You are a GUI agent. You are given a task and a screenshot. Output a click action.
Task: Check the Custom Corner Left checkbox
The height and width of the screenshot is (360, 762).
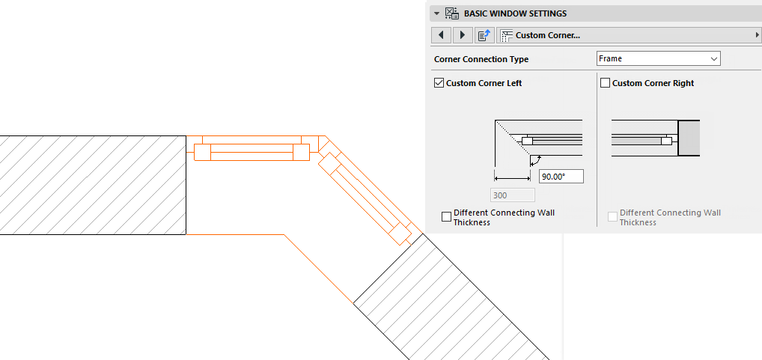pyautogui.click(x=439, y=83)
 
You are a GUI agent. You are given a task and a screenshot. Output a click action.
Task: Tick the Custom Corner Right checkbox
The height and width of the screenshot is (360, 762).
pyautogui.click(x=606, y=83)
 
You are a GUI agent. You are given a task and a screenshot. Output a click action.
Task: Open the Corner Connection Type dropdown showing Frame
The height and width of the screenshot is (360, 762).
pyautogui.click(x=658, y=58)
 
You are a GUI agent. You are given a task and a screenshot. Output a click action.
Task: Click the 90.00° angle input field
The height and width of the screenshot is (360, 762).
pyautogui.click(x=561, y=177)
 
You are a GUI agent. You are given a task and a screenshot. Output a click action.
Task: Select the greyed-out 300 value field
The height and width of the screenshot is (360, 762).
pyautogui.click(x=512, y=195)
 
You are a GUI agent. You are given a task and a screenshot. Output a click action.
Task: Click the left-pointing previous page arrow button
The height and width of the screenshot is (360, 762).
pyautogui.click(x=442, y=35)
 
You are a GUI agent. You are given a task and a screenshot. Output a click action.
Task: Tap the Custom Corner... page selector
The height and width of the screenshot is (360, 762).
pyautogui.click(x=630, y=35)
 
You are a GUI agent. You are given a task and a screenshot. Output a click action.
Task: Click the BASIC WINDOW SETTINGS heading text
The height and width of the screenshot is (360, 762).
pyautogui.click(x=515, y=13)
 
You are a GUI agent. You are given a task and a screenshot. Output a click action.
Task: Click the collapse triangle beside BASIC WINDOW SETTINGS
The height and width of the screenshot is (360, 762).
pyautogui.click(x=436, y=13)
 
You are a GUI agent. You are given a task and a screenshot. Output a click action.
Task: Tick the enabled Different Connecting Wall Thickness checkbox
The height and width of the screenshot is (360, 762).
pyautogui.click(x=447, y=217)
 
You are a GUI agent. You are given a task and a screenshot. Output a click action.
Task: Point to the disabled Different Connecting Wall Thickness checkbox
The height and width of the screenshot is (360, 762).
pyautogui.click(x=613, y=217)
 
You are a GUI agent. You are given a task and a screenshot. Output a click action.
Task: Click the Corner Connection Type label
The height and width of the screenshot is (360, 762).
pyautogui.click(x=481, y=59)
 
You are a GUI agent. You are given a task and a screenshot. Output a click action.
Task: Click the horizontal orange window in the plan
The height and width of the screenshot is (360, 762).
pyautogui.click(x=252, y=151)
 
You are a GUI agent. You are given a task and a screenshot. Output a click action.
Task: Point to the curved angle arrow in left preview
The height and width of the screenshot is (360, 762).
pyautogui.click(x=534, y=160)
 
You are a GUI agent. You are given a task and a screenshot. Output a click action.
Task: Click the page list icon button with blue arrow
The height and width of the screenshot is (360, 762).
pyautogui.click(x=484, y=35)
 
